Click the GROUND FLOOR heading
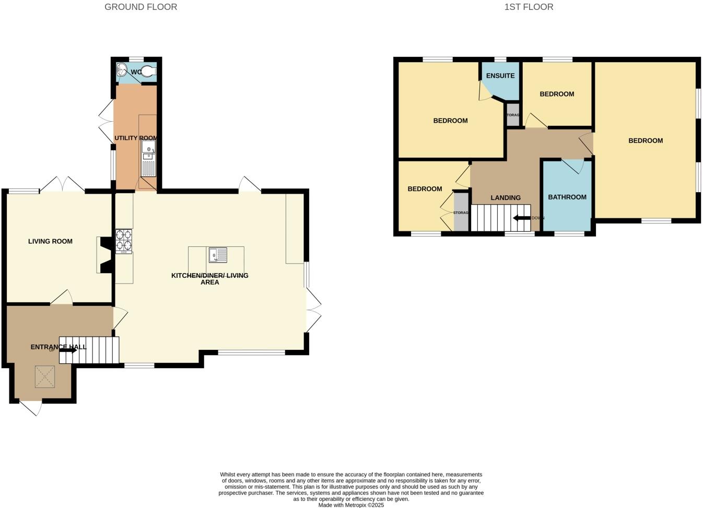tap(140, 7)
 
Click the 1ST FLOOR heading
tap(529, 7)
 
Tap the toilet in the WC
tap(148, 72)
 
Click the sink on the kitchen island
tap(218, 255)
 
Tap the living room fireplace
tap(106, 255)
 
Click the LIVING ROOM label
tap(50, 241)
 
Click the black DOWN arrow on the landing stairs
tap(522, 218)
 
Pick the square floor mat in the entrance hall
tap(45, 376)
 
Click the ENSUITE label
tap(500, 76)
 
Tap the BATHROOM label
tap(567, 197)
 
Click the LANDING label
tap(505, 198)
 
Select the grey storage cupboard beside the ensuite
tap(513, 115)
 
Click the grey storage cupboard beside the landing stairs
tap(461, 212)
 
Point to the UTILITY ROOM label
tap(136, 138)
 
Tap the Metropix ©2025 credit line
tap(351, 505)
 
